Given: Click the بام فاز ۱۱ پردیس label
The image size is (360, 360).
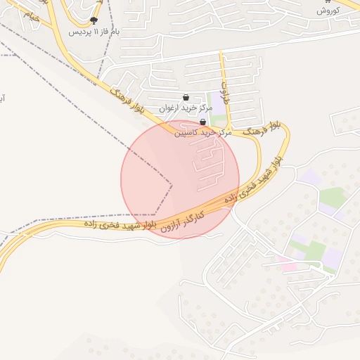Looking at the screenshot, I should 95,32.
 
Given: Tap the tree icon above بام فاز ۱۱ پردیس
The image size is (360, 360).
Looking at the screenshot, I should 94,21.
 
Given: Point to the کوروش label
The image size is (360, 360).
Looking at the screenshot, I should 328,11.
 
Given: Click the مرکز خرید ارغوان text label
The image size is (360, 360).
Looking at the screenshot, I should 185,108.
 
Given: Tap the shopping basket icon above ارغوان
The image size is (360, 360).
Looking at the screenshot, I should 186,98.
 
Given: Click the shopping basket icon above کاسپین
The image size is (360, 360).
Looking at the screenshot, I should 203,122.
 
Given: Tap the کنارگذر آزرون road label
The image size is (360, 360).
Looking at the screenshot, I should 181,221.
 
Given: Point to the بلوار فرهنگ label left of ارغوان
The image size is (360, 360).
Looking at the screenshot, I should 127,99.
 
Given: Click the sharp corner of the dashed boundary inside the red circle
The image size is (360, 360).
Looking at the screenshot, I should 172,185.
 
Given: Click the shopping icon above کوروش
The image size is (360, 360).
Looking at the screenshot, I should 328,2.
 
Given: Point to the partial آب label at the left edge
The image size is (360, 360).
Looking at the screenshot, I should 3,98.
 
